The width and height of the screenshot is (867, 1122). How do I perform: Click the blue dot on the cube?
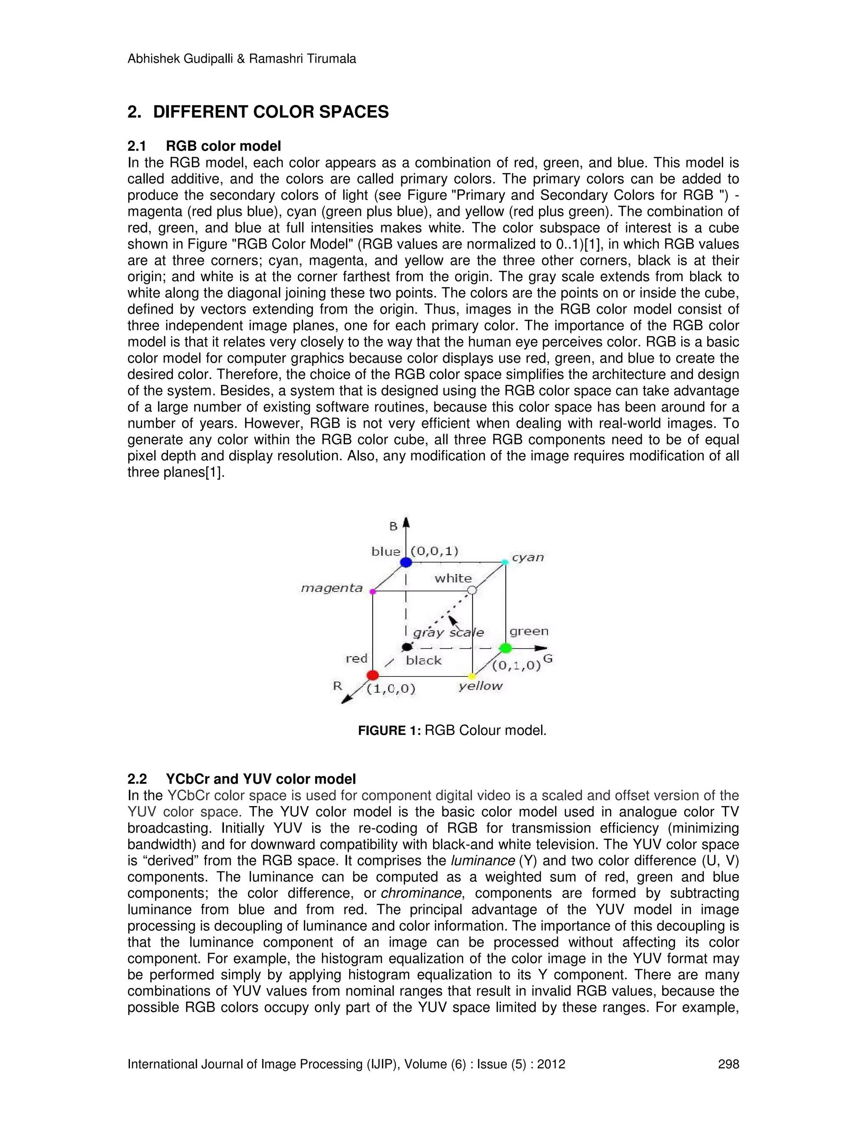pos(406,562)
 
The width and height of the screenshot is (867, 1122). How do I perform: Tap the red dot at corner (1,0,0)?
pos(373,675)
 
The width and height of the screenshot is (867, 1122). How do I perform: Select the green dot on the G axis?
pos(505,648)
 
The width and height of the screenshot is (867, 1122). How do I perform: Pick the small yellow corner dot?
pos(472,676)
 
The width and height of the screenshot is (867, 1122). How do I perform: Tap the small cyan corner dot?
pos(505,562)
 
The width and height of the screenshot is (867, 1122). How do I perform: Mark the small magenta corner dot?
pos(373,591)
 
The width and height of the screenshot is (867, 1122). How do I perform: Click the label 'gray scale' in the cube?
pos(448,633)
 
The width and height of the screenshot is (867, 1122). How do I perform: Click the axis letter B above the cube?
pos(393,525)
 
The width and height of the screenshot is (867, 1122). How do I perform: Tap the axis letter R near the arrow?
pos(337,686)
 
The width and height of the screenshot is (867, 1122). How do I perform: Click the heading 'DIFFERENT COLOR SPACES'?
pos(271,112)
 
